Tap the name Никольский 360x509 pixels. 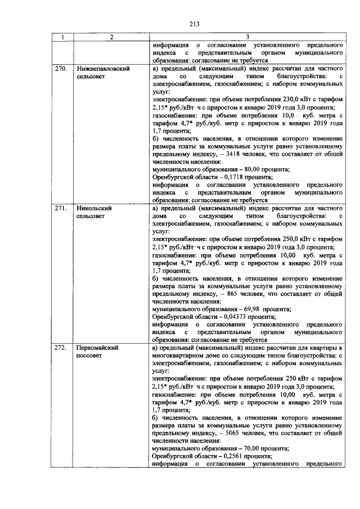[93, 208]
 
